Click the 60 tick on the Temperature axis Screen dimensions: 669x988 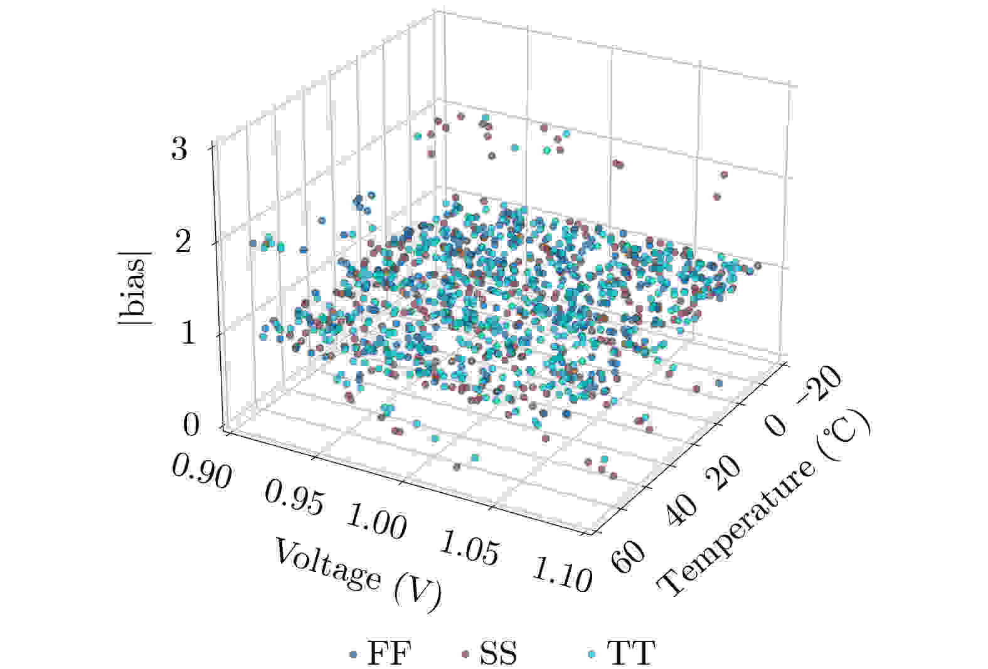pyautogui.click(x=629, y=556)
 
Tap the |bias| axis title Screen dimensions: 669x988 pyautogui.click(x=134, y=287)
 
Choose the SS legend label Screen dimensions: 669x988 pyautogui.click(x=499, y=654)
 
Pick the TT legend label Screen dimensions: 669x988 pyautogui.click(x=631, y=654)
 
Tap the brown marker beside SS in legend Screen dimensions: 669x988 pyautogui.click(x=465, y=655)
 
